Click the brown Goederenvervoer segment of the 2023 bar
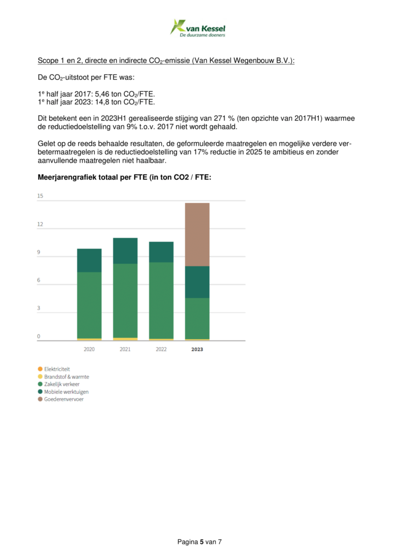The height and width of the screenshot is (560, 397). point(197,234)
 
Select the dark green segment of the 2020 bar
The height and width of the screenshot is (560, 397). point(89,260)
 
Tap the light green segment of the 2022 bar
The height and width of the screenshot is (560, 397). point(161,300)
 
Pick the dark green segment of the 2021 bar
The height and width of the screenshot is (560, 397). point(125,250)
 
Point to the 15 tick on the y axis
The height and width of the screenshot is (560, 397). point(40,196)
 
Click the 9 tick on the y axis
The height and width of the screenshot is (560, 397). point(39,252)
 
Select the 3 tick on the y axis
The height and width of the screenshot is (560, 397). point(39,308)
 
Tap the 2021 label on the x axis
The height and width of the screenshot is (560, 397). point(125,349)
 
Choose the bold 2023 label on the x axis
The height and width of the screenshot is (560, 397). point(197,349)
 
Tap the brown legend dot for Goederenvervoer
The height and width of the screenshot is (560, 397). point(40,399)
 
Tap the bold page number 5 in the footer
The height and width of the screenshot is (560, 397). point(202,541)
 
